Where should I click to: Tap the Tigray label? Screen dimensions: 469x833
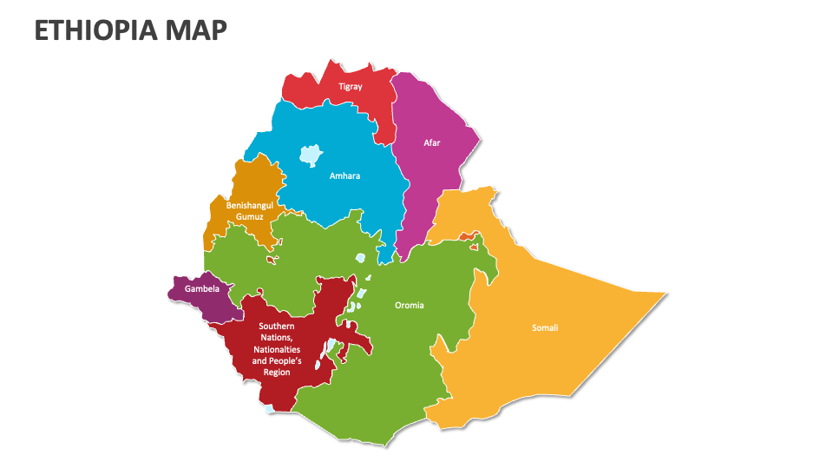351,87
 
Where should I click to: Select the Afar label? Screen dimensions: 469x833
432,142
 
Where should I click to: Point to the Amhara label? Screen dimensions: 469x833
344,176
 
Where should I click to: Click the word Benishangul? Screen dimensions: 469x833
250,205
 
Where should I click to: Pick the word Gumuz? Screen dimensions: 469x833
250,215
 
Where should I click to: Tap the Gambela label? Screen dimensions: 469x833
201,288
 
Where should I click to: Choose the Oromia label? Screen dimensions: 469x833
410,305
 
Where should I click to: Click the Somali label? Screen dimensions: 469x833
545,327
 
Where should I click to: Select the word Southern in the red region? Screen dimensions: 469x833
277,327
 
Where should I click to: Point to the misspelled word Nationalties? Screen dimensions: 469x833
277,349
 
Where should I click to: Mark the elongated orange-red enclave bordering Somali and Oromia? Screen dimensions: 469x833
468,236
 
